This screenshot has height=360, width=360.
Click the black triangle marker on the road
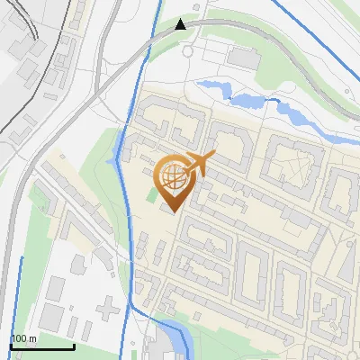click(181, 24)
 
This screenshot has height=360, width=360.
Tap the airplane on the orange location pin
click(201, 163)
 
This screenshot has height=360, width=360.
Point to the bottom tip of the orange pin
click(171, 213)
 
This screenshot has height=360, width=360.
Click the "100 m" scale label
click(24, 338)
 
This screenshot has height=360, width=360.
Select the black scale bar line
click(41, 346)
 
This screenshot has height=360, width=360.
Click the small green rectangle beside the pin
click(152, 192)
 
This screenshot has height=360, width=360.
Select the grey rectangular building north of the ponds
click(243, 57)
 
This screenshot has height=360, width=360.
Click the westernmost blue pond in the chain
click(214, 87)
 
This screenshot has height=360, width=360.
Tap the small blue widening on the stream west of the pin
click(112, 160)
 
